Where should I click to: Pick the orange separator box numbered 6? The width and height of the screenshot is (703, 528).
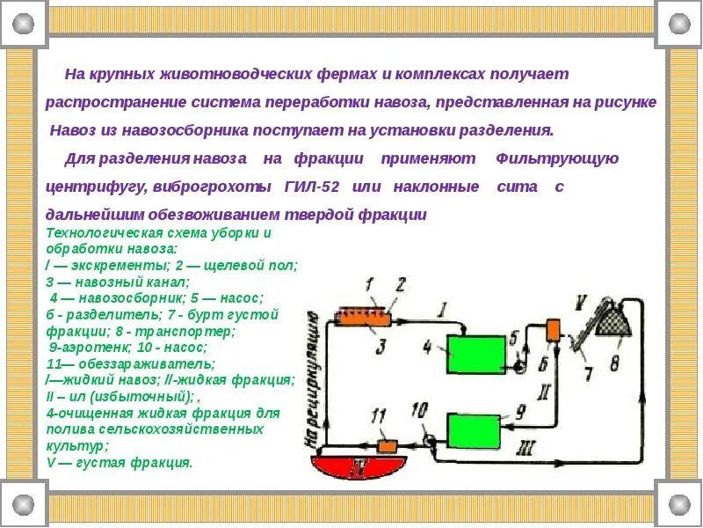[554, 329]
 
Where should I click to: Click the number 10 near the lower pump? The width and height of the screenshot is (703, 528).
[419, 410]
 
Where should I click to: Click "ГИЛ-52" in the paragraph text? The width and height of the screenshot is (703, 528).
[313, 187]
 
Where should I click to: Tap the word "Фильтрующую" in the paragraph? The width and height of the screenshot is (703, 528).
[557, 158]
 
